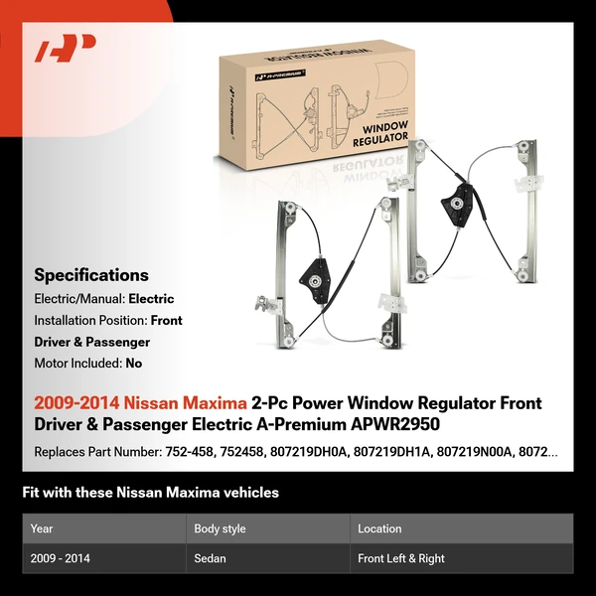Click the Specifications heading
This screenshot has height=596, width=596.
(x=91, y=275)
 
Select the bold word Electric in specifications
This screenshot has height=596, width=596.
(x=151, y=299)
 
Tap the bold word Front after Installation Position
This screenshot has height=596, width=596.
(x=166, y=321)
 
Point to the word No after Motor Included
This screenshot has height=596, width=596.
(x=133, y=364)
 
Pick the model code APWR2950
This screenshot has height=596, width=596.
(x=388, y=425)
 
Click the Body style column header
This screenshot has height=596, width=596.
(x=220, y=529)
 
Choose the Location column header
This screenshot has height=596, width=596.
(x=379, y=529)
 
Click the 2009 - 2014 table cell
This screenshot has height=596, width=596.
(x=60, y=558)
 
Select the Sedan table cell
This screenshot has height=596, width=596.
(x=210, y=558)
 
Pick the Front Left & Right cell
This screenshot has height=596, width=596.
(x=401, y=558)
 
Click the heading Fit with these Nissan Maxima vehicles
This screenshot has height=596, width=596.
(x=151, y=493)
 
